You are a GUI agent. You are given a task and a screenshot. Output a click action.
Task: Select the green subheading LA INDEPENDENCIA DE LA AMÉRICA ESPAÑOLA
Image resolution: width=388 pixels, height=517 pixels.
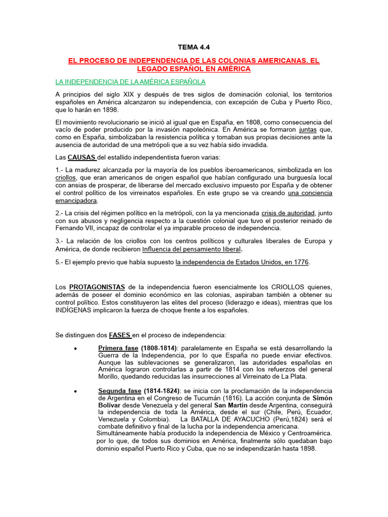pyautogui.click(x=130, y=82)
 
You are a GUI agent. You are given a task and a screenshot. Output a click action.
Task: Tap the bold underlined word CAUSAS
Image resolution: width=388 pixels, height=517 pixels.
pyautogui.click(x=81, y=157)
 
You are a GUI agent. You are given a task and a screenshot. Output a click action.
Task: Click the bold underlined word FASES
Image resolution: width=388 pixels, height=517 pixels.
pyautogui.click(x=120, y=335)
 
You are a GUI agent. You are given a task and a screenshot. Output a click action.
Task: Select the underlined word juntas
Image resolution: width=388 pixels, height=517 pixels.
pyautogui.click(x=307, y=129)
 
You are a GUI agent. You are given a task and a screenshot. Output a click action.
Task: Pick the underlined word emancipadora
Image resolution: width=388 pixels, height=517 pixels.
pyautogui.click(x=76, y=200)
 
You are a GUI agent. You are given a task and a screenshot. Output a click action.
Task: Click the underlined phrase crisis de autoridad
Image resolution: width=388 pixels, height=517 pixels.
pyautogui.click(x=288, y=213)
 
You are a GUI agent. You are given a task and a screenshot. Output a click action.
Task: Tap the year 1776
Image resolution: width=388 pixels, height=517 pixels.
pyautogui.click(x=301, y=262)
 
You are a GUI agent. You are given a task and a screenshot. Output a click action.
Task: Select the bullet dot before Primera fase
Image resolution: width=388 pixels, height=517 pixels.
pyautogui.click(x=75, y=348)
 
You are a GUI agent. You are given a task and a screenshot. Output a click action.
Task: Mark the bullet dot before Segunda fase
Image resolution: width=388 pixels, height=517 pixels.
pyautogui.click(x=75, y=391)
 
